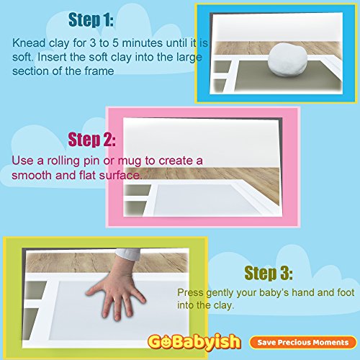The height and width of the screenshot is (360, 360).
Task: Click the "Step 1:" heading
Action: click(x=91, y=19)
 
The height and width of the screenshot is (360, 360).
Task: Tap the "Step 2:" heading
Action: click(x=92, y=140)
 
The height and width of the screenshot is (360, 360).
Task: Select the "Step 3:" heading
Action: click(x=269, y=273)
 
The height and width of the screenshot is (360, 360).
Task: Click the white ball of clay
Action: click(x=287, y=60)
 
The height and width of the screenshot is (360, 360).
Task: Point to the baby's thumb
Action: click(x=96, y=290)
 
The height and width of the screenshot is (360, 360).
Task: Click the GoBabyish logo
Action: click(x=194, y=341)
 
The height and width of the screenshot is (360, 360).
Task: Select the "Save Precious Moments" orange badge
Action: click(x=303, y=342)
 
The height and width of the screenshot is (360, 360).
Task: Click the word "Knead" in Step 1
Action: click(x=29, y=43)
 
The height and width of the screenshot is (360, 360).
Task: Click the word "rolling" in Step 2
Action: click(x=63, y=161)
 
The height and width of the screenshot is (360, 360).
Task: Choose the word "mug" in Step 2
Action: click(x=130, y=161)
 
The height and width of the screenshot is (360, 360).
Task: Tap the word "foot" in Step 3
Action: click(x=346, y=292)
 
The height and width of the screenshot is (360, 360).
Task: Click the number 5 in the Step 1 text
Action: click(x=115, y=43)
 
